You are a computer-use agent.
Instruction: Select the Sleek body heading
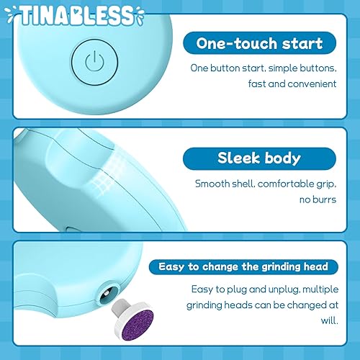click(x=258, y=158)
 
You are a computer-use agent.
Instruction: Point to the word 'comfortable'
click(x=282, y=183)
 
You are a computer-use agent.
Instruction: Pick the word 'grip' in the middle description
click(x=324, y=183)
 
